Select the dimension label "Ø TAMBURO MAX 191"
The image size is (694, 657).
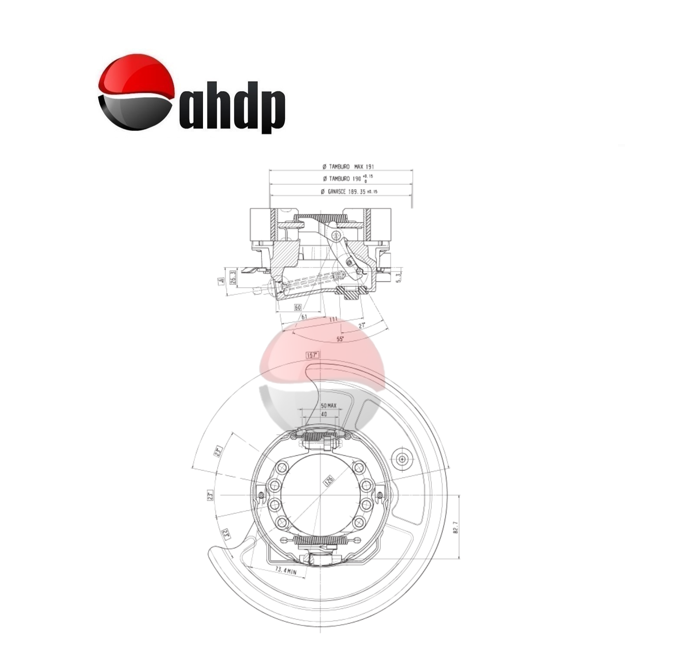click(x=348, y=167)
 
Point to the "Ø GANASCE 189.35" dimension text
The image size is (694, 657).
click(x=349, y=191)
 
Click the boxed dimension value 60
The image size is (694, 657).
click(x=298, y=307)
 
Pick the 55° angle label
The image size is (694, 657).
click(x=340, y=339)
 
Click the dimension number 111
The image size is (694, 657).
click(x=333, y=319)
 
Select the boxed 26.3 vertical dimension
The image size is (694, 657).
click(x=233, y=278)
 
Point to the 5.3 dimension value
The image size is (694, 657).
click(x=399, y=278)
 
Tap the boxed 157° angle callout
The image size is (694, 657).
click(x=312, y=355)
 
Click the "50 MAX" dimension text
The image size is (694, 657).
click(x=328, y=406)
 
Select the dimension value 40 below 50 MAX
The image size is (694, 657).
click(x=324, y=414)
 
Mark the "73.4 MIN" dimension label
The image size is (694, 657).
click(x=285, y=571)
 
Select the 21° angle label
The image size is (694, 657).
click(x=361, y=325)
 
